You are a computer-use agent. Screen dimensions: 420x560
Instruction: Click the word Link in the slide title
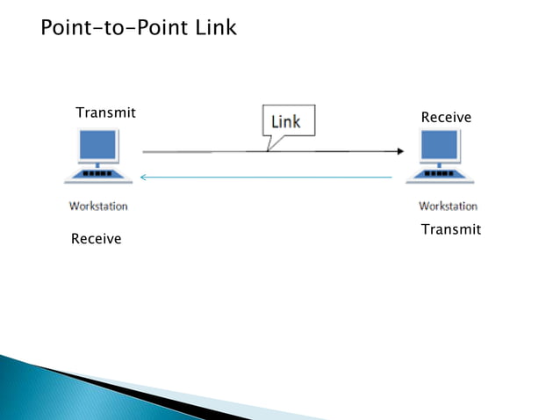214,28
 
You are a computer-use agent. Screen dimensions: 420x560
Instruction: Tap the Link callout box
285,121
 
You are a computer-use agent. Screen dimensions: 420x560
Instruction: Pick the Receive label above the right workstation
446,117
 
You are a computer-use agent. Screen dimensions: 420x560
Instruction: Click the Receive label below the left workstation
96,239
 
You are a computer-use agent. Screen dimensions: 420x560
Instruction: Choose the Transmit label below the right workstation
450,229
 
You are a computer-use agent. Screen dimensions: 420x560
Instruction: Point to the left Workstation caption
98,206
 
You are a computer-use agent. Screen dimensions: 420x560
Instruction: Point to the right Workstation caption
448,206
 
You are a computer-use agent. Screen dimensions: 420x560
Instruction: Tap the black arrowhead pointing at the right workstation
399,151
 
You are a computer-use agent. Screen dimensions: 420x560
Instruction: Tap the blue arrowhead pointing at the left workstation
144,177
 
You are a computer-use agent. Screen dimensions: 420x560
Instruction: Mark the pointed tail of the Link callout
269,146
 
